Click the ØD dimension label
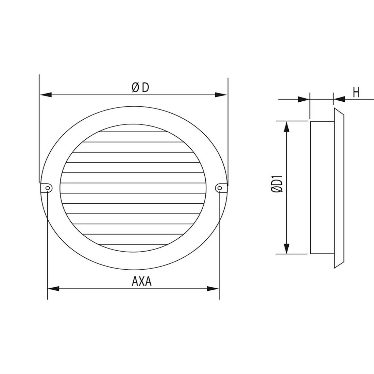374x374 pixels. point(140,88)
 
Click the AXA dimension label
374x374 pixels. point(141,282)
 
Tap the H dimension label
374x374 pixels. point(356,92)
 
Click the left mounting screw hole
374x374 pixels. point(48,187)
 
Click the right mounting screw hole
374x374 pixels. point(219,187)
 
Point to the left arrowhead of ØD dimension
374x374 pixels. point(46,95)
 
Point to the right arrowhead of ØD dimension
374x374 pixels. point(221,95)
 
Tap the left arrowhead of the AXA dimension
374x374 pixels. point(53,289)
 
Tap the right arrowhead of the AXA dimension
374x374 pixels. point(213,289)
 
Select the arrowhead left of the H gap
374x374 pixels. point(304,99)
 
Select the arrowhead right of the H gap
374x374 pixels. point(340,99)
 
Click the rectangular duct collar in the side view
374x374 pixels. point(322,187)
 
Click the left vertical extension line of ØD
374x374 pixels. point(39,129)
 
